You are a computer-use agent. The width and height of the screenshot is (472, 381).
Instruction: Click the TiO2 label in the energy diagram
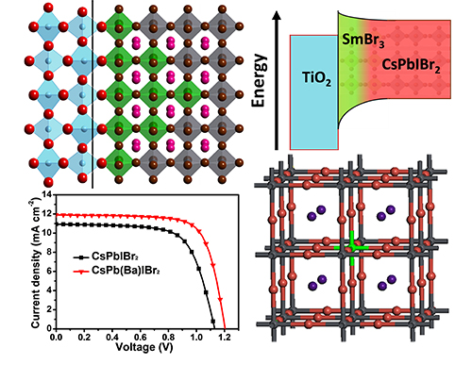(316, 78)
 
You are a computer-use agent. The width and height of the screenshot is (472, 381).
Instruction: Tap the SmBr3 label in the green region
(362, 41)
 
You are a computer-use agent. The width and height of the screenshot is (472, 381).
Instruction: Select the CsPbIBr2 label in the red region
(411, 66)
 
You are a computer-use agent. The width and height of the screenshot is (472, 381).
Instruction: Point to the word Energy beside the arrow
(260, 80)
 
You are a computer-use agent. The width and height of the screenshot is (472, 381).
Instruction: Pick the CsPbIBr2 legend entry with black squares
(106, 257)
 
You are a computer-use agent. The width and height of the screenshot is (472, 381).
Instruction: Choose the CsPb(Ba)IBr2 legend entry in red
(116, 271)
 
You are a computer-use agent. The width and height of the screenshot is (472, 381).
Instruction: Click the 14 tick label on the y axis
(46, 194)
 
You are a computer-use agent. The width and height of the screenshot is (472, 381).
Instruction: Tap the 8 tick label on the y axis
(49, 252)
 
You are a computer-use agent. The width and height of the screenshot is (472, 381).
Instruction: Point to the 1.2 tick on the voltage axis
(225, 338)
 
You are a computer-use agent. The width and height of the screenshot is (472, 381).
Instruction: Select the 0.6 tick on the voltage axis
(141, 338)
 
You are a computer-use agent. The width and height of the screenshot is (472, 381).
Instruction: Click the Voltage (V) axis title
(144, 347)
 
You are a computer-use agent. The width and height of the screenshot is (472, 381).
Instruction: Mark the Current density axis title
(37, 262)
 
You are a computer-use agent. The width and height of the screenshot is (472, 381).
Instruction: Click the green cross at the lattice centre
(351, 248)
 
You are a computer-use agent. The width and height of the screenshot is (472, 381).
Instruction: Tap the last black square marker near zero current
(213, 322)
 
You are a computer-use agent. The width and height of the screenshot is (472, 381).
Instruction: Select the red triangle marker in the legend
(82, 272)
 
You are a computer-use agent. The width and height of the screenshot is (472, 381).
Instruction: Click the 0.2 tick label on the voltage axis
(84, 338)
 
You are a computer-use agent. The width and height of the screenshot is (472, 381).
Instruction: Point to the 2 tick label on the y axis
(49, 309)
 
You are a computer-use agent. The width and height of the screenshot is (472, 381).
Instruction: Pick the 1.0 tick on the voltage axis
(196, 338)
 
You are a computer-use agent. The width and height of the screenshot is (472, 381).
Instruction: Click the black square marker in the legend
(82, 257)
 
